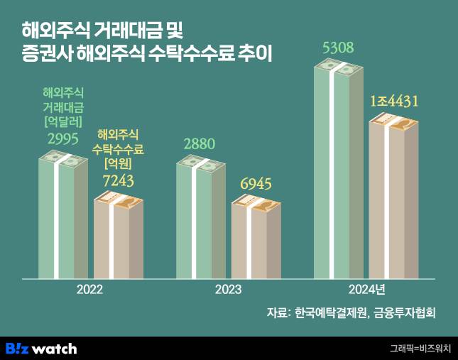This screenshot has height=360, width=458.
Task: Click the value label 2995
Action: coord(63,138)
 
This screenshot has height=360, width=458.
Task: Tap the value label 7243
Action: coord(119,182)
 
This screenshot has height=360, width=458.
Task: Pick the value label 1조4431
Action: coord(394,102)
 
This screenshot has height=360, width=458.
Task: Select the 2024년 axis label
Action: coord(366,290)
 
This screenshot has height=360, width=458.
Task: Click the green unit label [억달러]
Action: coord(63,121)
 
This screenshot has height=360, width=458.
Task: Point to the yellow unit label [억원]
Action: coord(119,164)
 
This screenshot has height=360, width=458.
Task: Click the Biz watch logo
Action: coord(41,348)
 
